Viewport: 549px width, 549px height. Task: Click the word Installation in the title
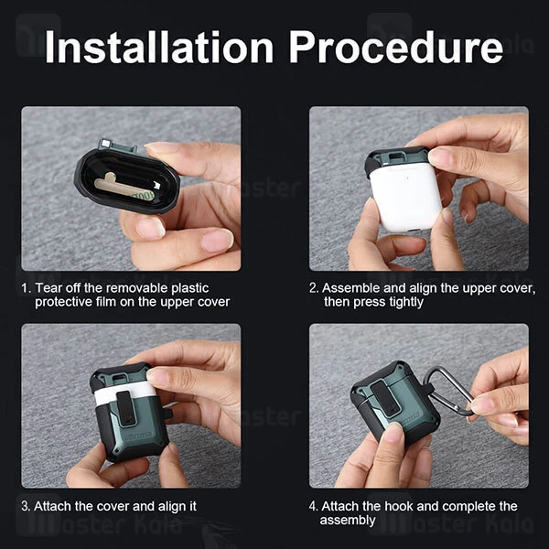point(156,47)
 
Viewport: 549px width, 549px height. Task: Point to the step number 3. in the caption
point(27,506)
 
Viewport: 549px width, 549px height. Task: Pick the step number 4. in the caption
point(315,506)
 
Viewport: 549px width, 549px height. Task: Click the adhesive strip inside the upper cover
point(114,188)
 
